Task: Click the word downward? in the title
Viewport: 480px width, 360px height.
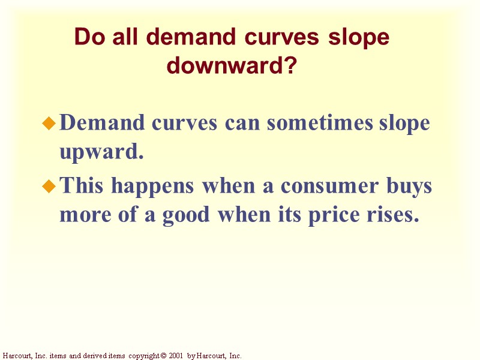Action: coord(232,65)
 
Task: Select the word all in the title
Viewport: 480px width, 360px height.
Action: coord(122,38)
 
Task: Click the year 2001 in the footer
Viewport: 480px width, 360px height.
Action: coord(175,356)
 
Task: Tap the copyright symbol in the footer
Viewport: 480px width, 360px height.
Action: coord(163,356)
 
